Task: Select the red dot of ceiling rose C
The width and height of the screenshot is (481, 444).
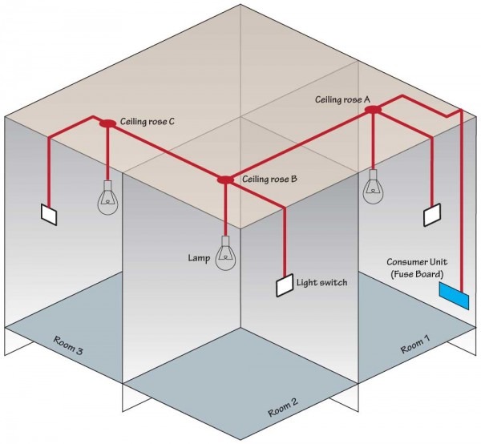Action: (107, 123)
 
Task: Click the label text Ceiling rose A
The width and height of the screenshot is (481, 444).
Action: (344, 99)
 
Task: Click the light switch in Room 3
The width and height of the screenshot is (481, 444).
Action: (50, 214)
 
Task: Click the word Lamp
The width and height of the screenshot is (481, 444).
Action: (199, 259)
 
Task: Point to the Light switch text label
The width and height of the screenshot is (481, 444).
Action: (322, 283)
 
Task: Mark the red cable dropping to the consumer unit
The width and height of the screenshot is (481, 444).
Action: (460, 200)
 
